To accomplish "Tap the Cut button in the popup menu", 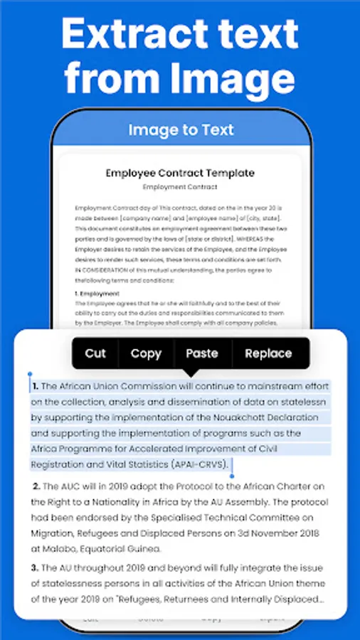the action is [x=95, y=353].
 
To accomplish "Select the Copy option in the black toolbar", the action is [x=146, y=353].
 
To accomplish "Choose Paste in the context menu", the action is [x=202, y=353].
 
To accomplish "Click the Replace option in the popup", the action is [x=268, y=353].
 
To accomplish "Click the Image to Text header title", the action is [x=181, y=129].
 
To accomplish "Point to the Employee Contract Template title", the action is [x=180, y=173].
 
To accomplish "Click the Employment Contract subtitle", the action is [x=180, y=186].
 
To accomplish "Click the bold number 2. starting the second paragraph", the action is [x=36, y=487].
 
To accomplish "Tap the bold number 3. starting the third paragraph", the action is [x=34, y=568].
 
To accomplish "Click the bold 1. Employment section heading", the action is [x=97, y=293].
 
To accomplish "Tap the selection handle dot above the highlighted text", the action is [x=30, y=373].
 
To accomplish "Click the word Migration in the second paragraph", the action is [x=55, y=533].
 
